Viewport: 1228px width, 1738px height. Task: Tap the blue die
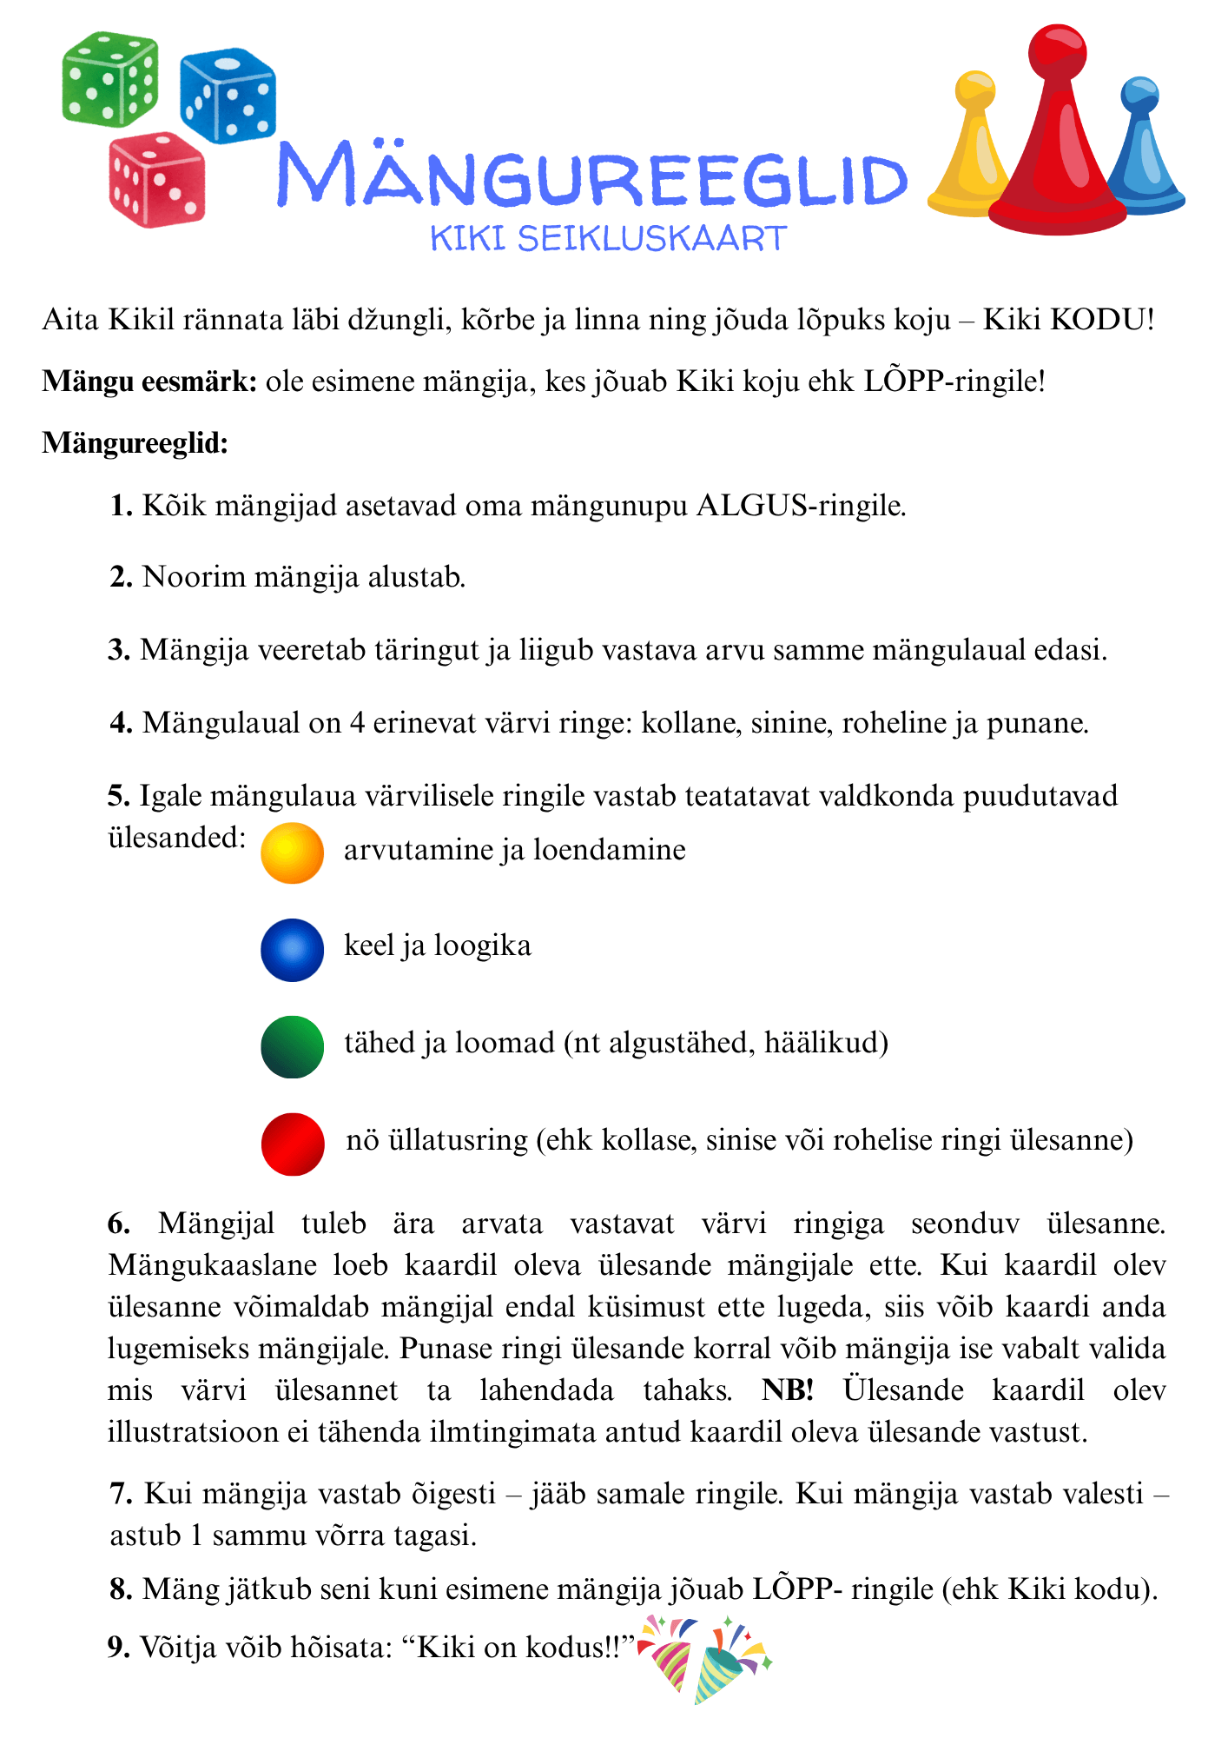[x=228, y=95]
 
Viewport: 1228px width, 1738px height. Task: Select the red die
[x=157, y=180]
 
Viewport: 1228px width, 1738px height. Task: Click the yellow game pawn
[x=971, y=152]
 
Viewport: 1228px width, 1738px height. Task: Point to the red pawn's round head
[x=1057, y=52]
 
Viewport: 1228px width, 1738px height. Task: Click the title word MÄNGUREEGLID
[x=591, y=176]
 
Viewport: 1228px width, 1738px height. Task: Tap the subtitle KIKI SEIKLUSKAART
[x=608, y=239]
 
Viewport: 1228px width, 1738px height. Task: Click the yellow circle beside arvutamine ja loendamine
[x=293, y=852]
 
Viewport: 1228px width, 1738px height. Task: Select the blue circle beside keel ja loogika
[x=293, y=950]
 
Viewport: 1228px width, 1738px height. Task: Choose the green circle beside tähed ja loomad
[x=293, y=1047]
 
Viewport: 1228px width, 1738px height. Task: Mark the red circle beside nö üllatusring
[x=293, y=1144]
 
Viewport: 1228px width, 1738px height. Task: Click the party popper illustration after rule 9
[x=704, y=1658]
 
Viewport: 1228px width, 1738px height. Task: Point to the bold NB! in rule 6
[x=788, y=1390]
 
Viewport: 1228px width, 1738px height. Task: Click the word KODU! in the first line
[x=1102, y=320]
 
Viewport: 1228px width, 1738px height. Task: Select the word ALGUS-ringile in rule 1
[x=801, y=506]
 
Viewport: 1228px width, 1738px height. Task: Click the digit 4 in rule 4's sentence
[x=357, y=723]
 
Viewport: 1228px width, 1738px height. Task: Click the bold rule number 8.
[x=121, y=1589]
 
